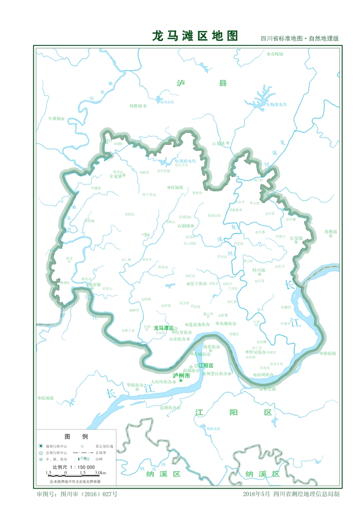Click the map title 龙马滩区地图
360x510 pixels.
pos(195,36)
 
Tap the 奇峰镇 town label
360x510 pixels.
pos(275,54)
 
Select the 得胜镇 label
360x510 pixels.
pos(136,106)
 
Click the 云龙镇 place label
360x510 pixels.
pos(218,143)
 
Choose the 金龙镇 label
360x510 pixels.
pos(116,177)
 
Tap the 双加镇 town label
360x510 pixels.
pos(177,187)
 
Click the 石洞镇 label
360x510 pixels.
pos(184,225)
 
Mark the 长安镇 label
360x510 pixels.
pos(296,238)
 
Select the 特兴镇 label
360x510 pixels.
pos(259,270)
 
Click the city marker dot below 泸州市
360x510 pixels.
pos(181,380)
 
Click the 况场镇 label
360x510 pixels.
pos(47,397)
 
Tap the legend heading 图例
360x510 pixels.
pos(76,437)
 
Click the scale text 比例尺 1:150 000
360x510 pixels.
pos(74,467)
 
